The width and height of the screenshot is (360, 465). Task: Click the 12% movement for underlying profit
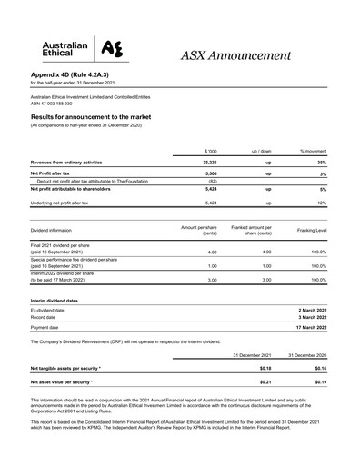322,204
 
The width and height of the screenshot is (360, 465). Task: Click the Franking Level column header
308,234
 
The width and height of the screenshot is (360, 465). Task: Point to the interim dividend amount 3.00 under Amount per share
211,281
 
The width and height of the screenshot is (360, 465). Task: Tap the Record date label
44,317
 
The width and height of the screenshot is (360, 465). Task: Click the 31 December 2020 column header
307,354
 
